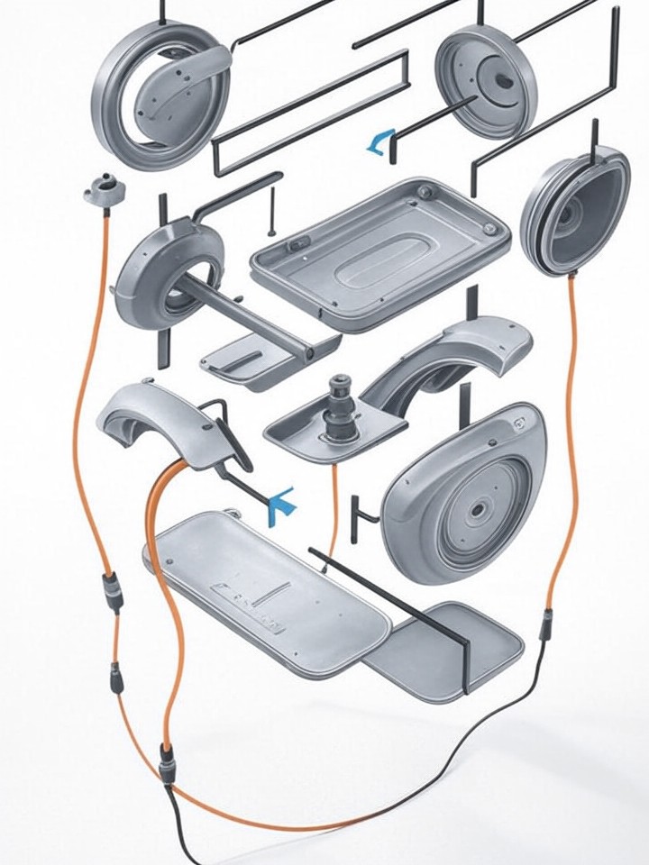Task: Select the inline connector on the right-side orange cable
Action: pos(546,625)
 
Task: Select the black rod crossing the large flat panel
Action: pos(388,595)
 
